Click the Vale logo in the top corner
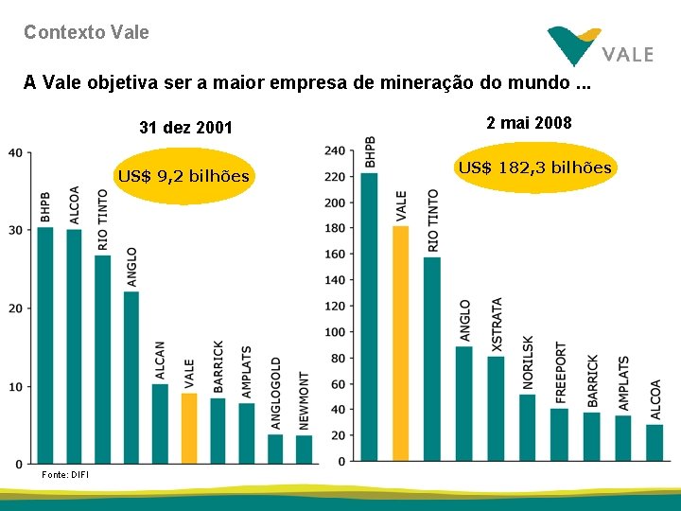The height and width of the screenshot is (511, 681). pyautogui.click(x=600, y=45)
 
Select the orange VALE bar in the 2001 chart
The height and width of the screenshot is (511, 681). pyautogui.click(x=189, y=428)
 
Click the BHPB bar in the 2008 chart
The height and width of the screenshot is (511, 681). pyautogui.click(x=370, y=317)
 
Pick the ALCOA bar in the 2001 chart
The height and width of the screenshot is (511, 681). pyautogui.click(x=74, y=345)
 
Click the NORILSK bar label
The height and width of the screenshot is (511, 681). pyautogui.click(x=528, y=362)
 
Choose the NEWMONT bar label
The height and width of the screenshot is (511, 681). pyautogui.click(x=304, y=400)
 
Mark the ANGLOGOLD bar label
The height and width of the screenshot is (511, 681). pyautogui.click(x=275, y=393)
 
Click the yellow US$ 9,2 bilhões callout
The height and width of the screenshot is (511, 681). pyautogui.click(x=183, y=176)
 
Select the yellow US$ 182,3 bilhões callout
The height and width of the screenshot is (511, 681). pyautogui.click(x=535, y=168)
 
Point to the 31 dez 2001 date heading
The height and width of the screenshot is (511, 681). pyautogui.click(x=185, y=128)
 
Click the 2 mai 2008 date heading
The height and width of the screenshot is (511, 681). pyautogui.click(x=529, y=123)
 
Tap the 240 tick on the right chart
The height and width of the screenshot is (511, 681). pyautogui.click(x=334, y=151)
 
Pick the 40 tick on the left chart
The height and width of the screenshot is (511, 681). pyautogui.click(x=17, y=152)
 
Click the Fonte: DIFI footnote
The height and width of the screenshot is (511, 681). pyautogui.click(x=65, y=474)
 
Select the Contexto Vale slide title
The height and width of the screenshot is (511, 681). pyautogui.click(x=86, y=32)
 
